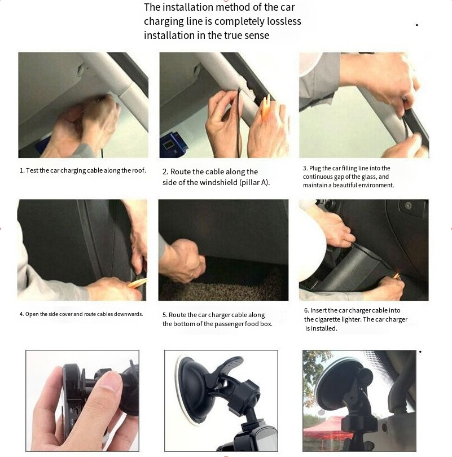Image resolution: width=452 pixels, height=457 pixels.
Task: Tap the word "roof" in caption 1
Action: click(x=138, y=170)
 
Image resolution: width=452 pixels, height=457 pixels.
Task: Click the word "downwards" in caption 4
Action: click(x=128, y=314)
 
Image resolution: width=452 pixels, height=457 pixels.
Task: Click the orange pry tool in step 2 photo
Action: click(x=266, y=107)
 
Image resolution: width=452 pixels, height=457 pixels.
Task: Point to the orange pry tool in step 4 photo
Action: click(x=138, y=283)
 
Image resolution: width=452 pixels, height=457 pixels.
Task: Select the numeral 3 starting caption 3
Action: click(x=305, y=168)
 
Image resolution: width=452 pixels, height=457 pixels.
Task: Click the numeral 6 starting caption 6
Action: click(x=306, y=310)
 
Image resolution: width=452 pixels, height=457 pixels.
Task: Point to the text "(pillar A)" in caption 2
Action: click(x=254, y=182)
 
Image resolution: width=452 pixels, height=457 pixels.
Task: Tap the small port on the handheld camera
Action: click(x=76, y=411)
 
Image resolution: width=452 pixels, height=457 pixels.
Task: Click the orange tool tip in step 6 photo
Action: click(x=396, y=275)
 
